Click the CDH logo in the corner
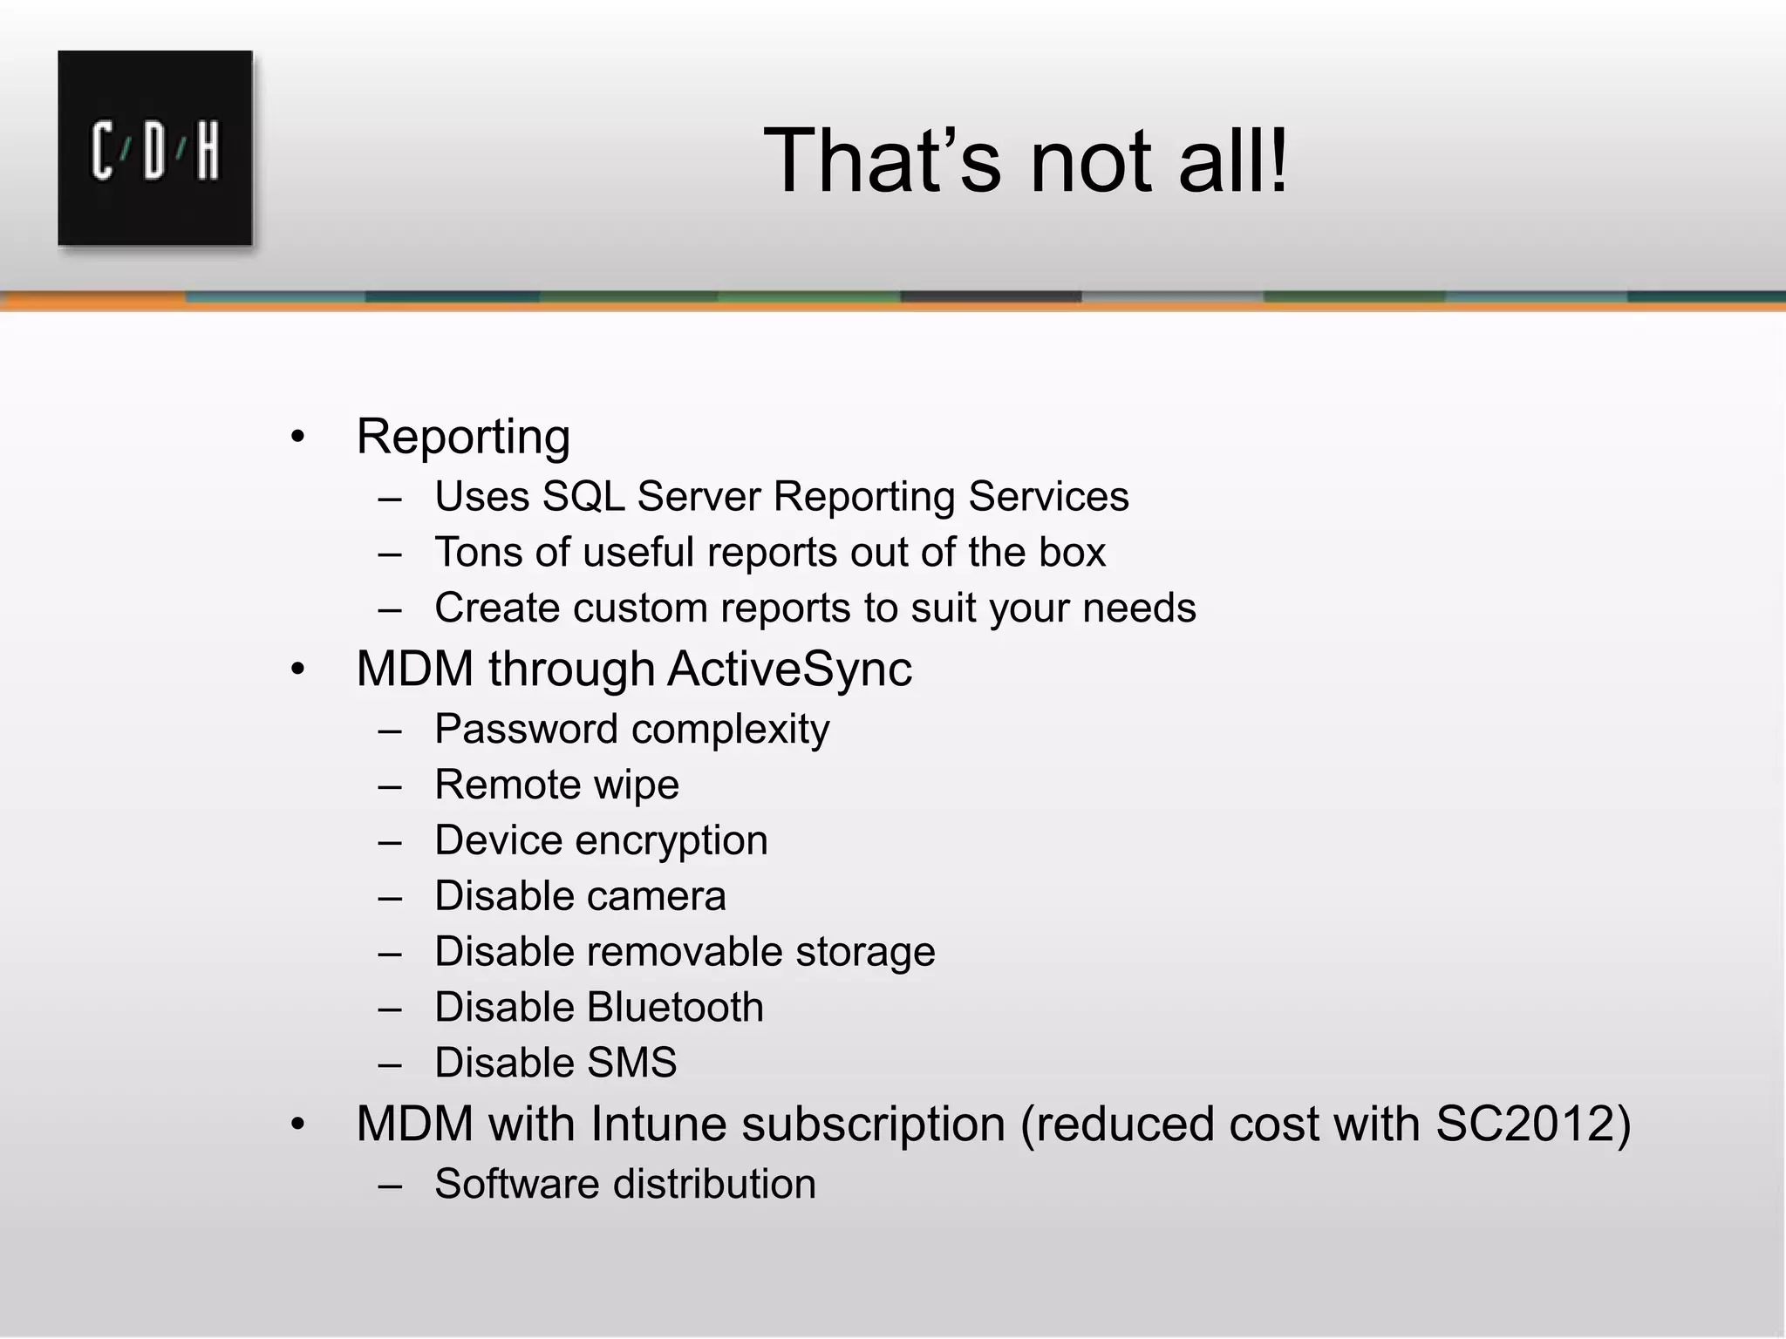155,148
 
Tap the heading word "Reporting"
463,436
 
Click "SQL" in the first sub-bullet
583,497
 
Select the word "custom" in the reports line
639,608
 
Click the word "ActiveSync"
789,669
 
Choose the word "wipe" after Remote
635,785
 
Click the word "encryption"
671,841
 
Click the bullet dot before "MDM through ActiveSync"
298,669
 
